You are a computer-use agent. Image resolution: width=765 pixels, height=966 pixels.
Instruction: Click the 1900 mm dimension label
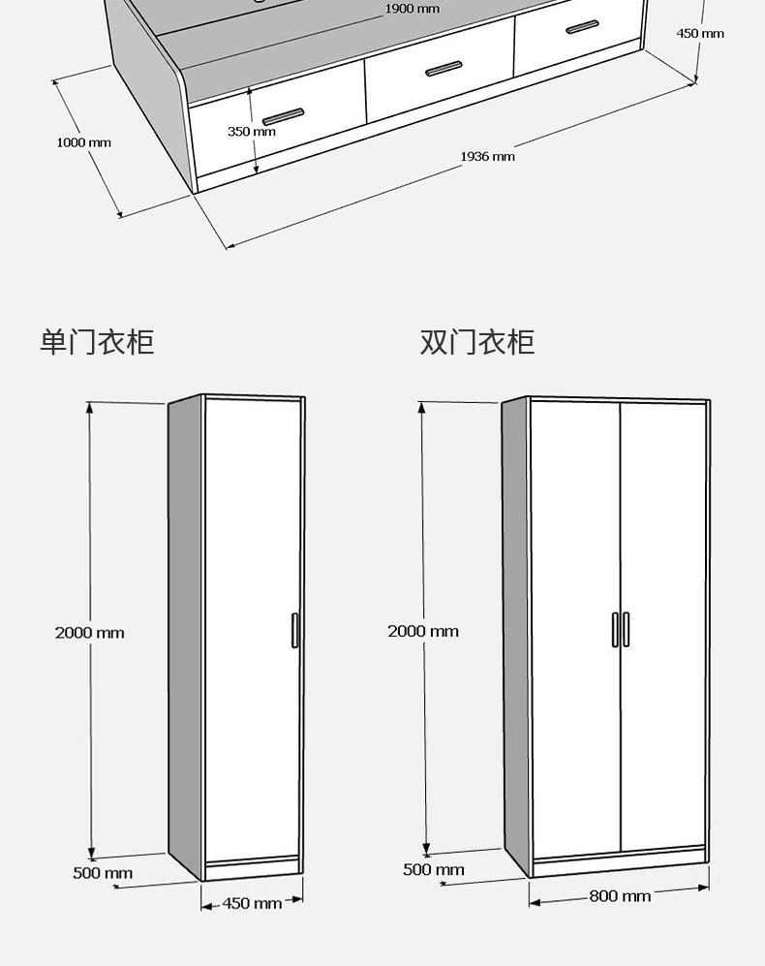coord(412,9)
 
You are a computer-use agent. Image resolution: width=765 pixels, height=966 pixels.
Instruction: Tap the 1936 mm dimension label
coord(487,156)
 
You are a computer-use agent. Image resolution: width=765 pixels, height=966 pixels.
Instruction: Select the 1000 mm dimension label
coord(83,142)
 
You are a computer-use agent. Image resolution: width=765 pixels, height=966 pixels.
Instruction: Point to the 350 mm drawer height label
coord(251,132)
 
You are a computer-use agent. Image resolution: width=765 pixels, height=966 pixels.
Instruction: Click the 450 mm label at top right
coord(699,33)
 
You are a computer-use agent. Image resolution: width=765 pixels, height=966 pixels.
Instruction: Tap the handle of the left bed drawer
coord(283,116)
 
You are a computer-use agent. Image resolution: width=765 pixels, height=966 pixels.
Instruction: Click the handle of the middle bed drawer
coord(443,69)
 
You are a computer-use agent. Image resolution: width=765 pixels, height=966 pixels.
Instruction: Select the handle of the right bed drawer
coord(582,27)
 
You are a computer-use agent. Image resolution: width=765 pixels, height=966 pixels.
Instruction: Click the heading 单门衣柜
coord(97,342)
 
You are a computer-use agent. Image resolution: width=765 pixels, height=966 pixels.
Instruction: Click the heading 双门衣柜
coord(476,342)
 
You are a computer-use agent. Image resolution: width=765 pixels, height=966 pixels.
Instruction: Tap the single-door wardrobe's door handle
coord(294,630)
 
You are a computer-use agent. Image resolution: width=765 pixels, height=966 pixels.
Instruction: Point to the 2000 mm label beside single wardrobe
coord(89,633)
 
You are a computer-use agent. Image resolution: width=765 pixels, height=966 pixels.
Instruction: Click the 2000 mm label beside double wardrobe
coord(423,631)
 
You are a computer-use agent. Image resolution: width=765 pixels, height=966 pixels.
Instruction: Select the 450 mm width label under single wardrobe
coord(252,903)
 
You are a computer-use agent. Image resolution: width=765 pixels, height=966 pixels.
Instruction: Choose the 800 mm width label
coord(620,896)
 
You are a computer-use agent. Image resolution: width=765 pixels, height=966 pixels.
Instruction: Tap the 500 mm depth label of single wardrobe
coord(103,873)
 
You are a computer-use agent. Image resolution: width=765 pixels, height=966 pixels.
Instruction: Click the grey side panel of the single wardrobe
coord(185,630)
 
